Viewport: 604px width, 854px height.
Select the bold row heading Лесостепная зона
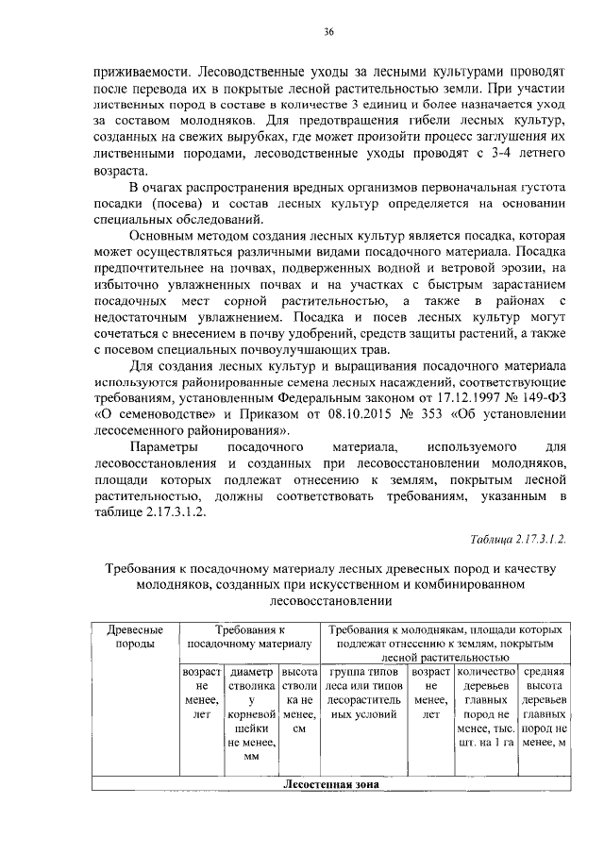click(330, 784)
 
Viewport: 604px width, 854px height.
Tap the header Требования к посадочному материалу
click(249, 636)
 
